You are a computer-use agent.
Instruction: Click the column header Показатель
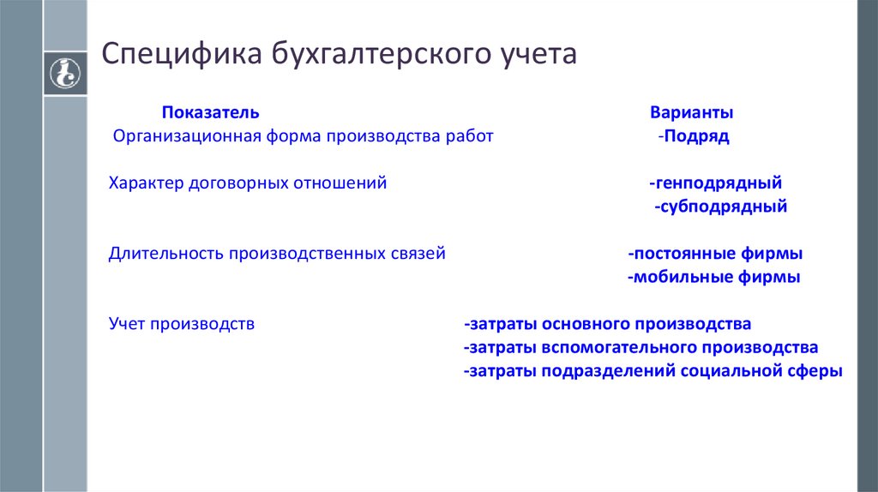point(210,113)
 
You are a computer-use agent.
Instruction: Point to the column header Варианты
point(691,113)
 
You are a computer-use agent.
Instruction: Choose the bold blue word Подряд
point(696,136)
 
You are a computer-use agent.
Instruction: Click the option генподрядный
point(717,183)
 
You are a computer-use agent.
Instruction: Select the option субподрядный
point(721,207)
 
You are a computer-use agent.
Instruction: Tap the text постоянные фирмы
point(716,254)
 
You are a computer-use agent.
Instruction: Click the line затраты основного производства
point(608,324)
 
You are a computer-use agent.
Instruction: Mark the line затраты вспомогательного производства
point(641,347)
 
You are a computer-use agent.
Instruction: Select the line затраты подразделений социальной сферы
point(653,371)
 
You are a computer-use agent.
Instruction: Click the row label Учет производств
point(182,324)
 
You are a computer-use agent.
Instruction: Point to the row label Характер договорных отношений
point(248,183)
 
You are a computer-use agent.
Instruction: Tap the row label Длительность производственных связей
point(277,254)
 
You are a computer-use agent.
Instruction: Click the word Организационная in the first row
point(176,136)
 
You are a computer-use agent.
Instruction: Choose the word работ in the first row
point(470,136)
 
